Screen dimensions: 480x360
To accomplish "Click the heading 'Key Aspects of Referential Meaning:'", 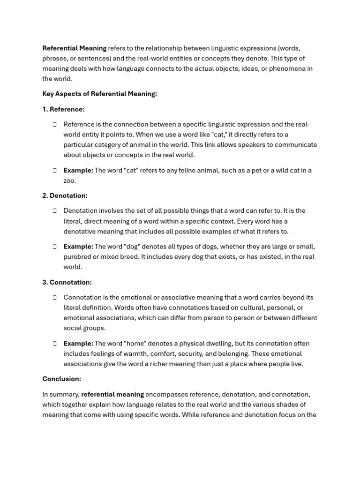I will pyautogui.click(x=99, y=94).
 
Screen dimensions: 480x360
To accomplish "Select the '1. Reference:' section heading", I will pyautogui.click(x=63, y=109).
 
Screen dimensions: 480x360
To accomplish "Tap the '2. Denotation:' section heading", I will pyautogui.click(x=65, y=195).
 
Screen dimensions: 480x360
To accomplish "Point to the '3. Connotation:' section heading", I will pyautogui.click(x=67, y=282).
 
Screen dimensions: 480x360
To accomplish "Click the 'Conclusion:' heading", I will pyautogui.click(x=61, y=379).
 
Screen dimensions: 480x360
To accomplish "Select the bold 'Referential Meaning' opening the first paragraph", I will pyautogui.click(x=74, y=48).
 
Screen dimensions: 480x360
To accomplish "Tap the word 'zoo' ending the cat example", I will pyautogui.click(x=69, y=180).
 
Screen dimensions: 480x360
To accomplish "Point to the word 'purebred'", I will pyautogui.click(x=77, y=257).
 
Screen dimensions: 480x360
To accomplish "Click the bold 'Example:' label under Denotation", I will pyautogui.click(x=78, y=247).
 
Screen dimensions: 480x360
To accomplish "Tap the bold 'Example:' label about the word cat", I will pyautogui.click(x=78, y=170).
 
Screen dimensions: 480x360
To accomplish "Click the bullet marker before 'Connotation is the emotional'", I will pyautogui.click(x=54, y=297).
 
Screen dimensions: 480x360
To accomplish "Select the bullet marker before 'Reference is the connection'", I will pyautogui.click(x=54, y=124).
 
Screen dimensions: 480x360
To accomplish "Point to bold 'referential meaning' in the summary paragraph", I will pyautogui.click(x=112, y=394).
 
